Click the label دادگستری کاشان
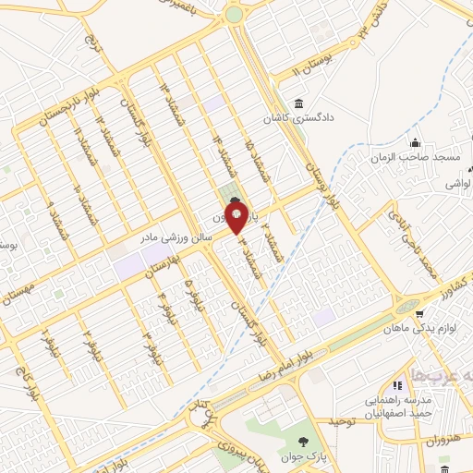pyautogui.click(x=300, y=119)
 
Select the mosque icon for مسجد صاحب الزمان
pyautogui.click(x=415, y=142)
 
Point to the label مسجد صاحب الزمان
pyautogui.click(x=417, y=158)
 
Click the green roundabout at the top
pyautogui.click(x=234, y=15)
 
